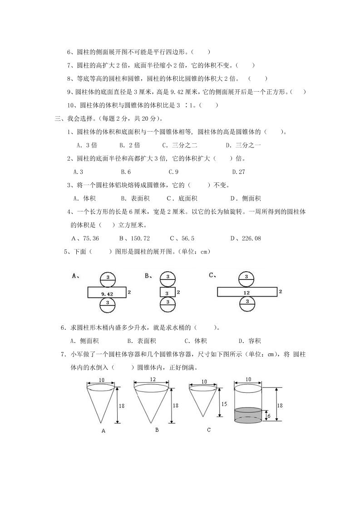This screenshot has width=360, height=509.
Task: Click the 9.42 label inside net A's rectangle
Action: click(107, 294)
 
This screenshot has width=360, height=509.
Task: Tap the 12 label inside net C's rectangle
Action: click(247, 293)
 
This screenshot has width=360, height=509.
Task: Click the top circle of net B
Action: click(168, 278)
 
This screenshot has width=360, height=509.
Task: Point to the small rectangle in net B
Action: click(168, 293)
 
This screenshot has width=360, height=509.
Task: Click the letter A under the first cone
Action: click(103, 431)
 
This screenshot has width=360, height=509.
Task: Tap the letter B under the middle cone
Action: click(157, 429)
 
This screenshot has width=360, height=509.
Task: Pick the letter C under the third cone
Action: click(208, 429)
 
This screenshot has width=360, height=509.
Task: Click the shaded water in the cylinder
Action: click(248, 415)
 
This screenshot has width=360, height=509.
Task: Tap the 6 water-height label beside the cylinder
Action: click(269, 416)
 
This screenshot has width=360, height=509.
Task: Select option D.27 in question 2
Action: click(238, 172)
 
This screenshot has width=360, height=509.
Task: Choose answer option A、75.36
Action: click(85, 238)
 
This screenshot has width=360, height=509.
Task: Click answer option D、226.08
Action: click(245, 238)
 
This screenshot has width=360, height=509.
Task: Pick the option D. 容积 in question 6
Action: click(249, 341)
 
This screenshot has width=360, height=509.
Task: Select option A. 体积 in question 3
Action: click(84, 198)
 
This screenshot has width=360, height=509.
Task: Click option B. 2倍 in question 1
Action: click(130, 146)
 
